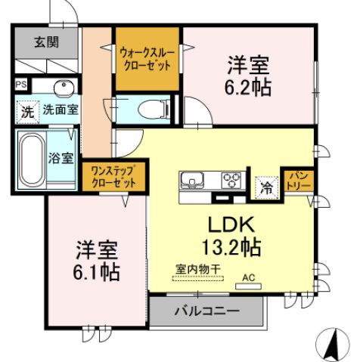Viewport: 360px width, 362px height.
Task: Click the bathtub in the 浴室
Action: [x=32, y=158]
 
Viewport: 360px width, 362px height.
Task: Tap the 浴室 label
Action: [x=61, y=158]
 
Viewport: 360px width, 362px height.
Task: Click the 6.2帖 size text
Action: [x=247, y=88]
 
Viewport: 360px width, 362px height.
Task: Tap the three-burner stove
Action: [x=230, y=181]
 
